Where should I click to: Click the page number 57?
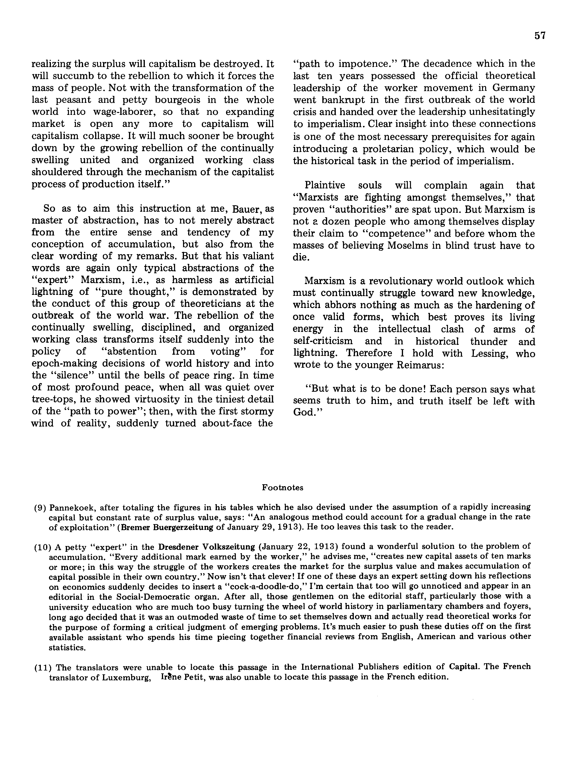click(x=540, y=36)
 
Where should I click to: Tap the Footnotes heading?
click(x=282, y=488)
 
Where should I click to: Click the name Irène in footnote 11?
click(x=170, y=677)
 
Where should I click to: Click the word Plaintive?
click(x=325, y=186)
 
